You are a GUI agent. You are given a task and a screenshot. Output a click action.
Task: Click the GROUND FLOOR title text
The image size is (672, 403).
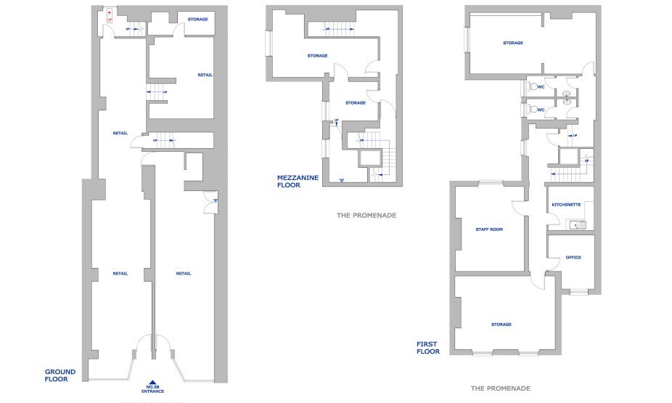pos(60,375)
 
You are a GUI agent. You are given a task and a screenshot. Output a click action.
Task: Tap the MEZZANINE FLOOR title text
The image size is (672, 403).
pos(298,181)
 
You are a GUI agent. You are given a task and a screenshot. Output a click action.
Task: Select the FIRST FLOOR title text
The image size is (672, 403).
pos(428,347)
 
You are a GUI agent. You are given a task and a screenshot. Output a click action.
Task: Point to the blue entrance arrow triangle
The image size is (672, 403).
pos(152,382)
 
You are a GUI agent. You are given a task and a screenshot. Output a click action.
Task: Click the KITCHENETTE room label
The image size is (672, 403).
pos(566,205)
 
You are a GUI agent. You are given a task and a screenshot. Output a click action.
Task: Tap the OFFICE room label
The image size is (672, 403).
pos(573,257)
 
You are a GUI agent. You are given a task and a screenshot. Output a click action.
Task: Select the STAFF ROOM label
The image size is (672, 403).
pos(489,229)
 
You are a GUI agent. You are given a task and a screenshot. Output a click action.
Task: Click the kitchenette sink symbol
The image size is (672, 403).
pos(578,225)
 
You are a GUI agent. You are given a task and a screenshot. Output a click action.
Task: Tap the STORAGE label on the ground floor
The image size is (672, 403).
pos(198,19)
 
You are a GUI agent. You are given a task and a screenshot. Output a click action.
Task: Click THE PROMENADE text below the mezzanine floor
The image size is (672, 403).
pos(366,216)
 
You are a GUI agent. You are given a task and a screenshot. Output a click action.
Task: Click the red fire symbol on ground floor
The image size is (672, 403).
pos(109,15)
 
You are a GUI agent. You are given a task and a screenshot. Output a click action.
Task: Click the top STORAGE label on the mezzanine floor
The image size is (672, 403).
pos(317,55)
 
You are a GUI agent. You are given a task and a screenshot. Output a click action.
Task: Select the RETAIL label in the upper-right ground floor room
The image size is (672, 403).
pos(205,75)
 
